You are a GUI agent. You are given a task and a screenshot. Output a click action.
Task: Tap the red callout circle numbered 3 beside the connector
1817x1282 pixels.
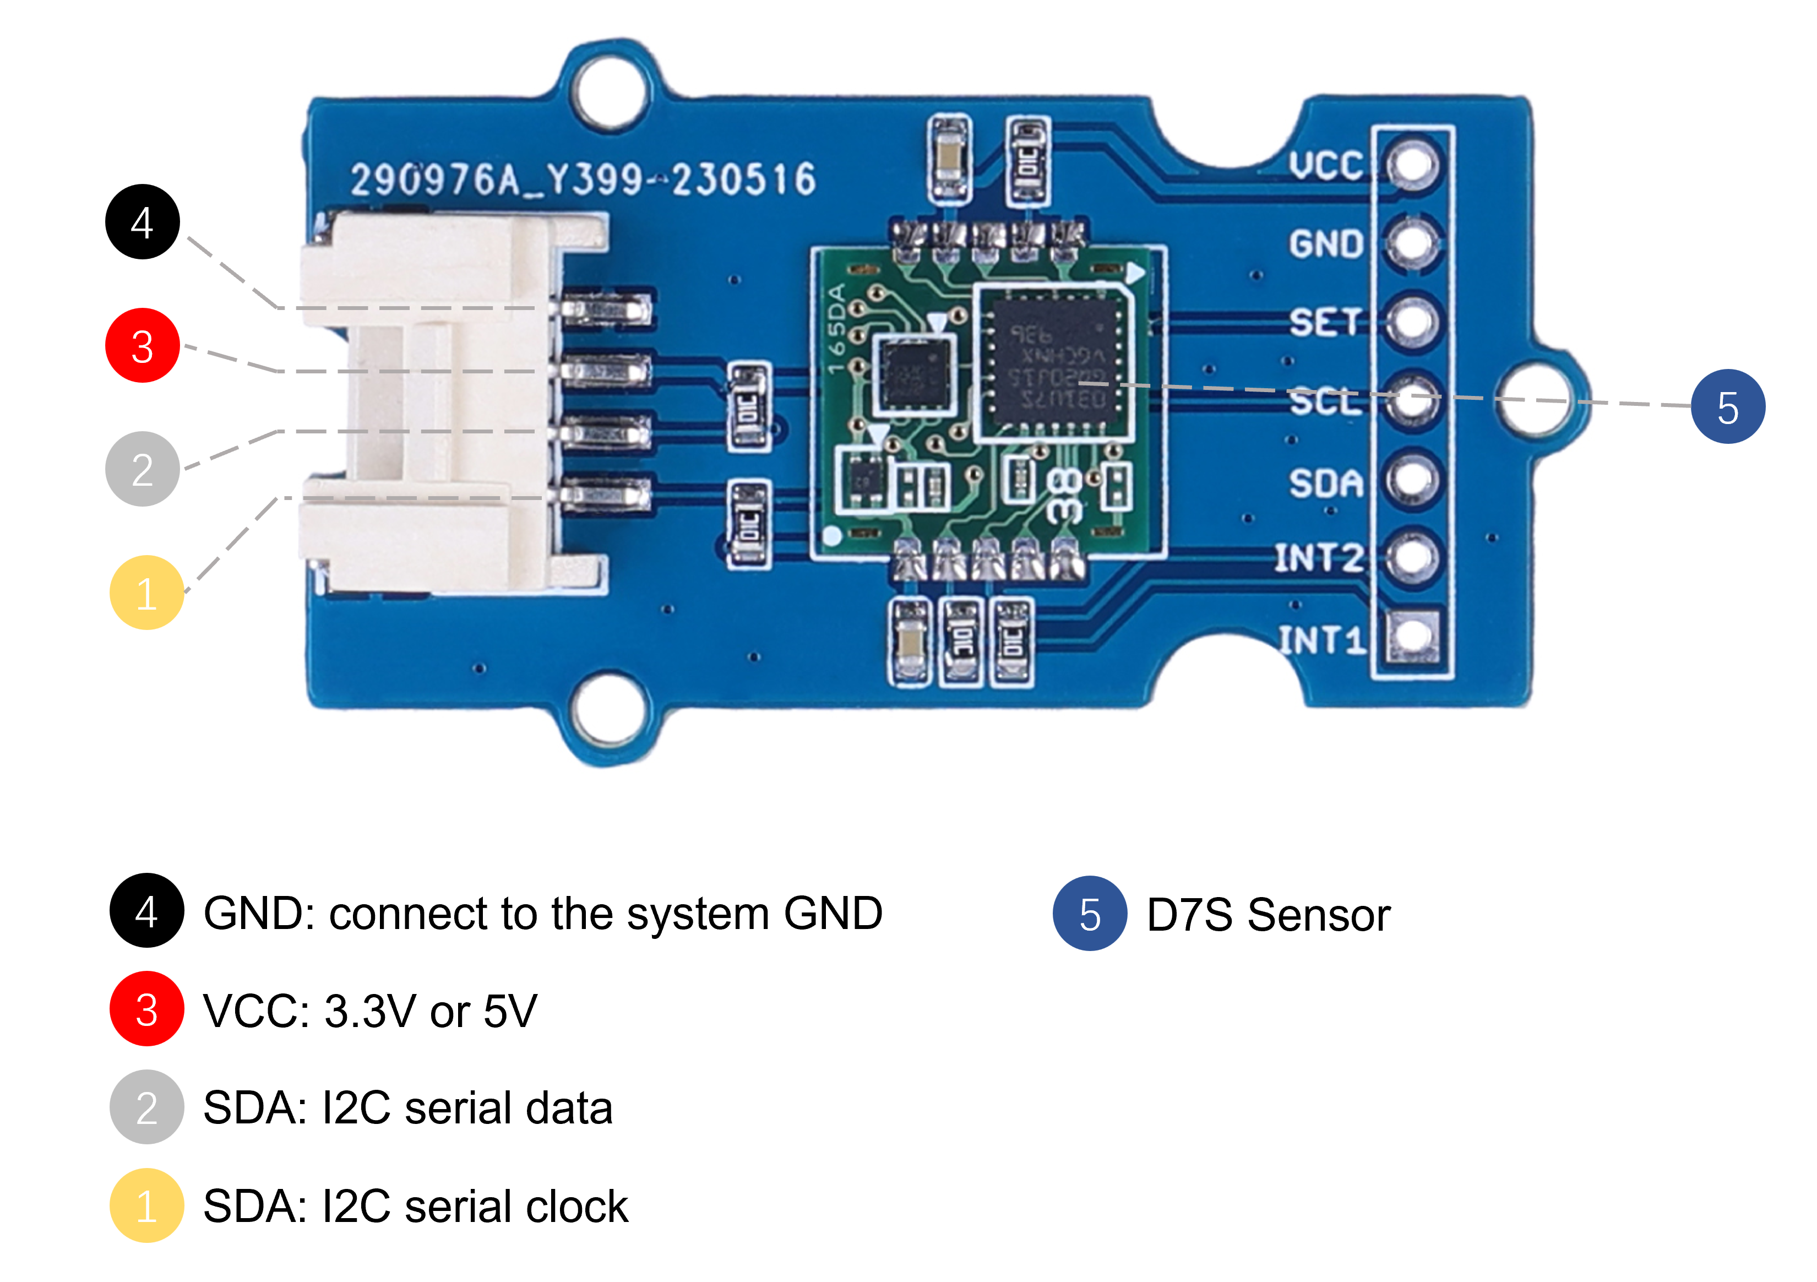coord(143,346)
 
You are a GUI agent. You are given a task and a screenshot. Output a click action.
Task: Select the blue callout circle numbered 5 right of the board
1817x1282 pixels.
coord(1728,407)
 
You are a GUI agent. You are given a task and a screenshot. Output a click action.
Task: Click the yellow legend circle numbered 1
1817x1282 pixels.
coord(146,1205)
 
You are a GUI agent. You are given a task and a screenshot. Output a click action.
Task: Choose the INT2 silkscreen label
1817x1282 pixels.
coord(1319,558)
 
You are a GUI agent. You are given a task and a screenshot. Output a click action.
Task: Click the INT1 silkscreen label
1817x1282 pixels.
coord(1321,639)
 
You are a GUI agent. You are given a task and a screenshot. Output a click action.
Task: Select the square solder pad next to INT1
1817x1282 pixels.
coord(1413,636)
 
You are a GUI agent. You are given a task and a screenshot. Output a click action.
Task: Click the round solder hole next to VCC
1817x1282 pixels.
coord(1413,165)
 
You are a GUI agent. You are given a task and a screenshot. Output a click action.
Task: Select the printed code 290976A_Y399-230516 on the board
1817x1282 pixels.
coord(583,180)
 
